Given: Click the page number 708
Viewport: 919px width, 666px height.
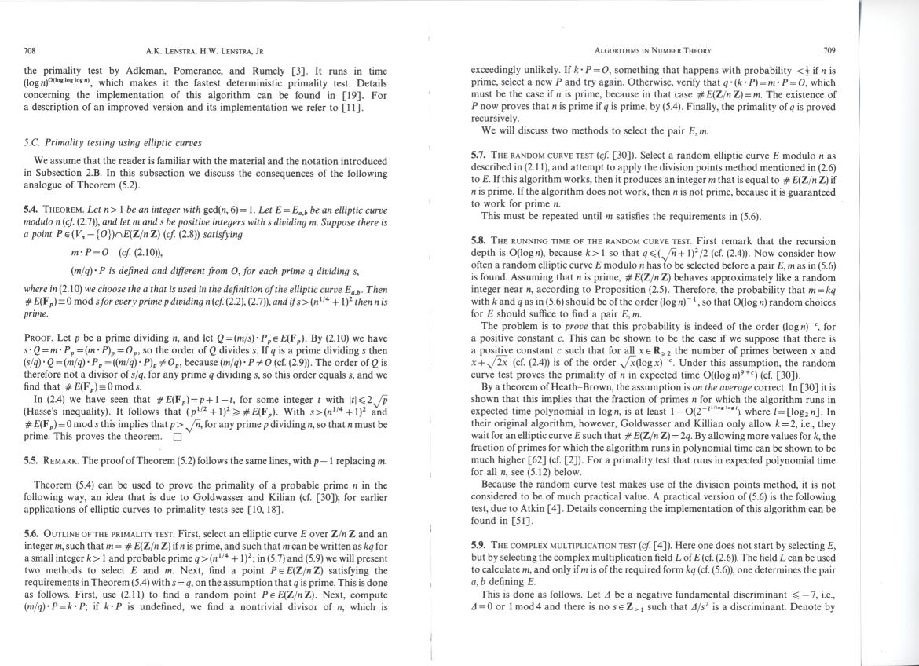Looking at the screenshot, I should (31, 51).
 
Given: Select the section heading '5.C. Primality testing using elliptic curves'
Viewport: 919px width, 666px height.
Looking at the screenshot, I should (112, 143).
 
